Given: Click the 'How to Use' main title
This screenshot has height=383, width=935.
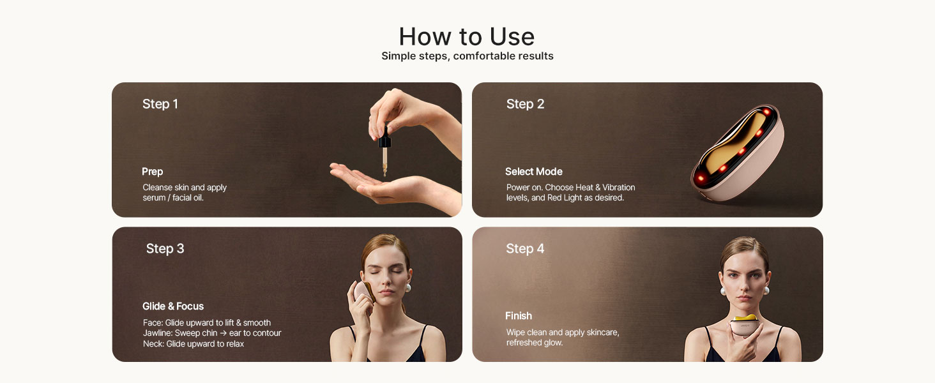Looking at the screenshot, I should (467, 36).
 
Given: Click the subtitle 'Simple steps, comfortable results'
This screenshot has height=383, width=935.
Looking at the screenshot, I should (467, 56).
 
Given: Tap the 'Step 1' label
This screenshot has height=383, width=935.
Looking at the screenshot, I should (160, 104).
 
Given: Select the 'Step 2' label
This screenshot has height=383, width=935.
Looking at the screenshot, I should (525, 104).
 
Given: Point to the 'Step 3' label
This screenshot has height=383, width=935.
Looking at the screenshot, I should (165, 248).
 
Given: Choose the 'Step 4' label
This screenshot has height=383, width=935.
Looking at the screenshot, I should (525, 248).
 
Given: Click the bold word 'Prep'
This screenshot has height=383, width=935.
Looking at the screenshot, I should (152, 172).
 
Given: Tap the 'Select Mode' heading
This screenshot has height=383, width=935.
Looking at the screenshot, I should (533, 172).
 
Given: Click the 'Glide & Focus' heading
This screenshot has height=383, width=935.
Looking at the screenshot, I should (173, 306).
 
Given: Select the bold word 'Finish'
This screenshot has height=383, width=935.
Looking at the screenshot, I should (518, 316).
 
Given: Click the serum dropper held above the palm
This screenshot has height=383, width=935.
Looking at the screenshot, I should (385, 150).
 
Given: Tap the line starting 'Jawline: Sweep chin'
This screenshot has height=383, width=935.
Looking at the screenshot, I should (211, 333).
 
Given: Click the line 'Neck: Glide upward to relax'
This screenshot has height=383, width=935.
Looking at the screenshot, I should (193, 344).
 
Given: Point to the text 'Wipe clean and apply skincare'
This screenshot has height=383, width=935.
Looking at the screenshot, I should (562, 333).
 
